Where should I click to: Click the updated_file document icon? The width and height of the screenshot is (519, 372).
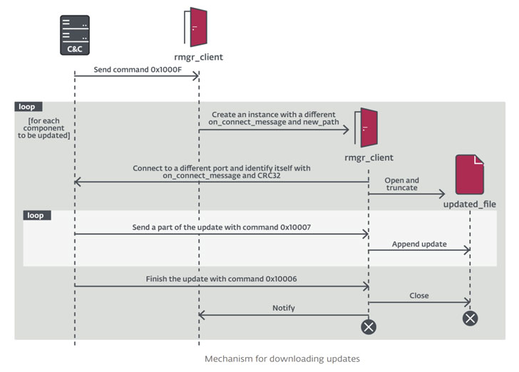(470, 174)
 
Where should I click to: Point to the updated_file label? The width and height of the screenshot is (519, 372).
(470, 205)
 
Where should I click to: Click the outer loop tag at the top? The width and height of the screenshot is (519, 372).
(28, 107)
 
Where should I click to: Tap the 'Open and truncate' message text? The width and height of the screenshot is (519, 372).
(402, 185)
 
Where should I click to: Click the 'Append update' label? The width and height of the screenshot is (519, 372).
(418, 244)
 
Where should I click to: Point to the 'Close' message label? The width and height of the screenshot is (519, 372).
(418, 295)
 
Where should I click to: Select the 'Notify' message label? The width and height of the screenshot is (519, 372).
(283, 308)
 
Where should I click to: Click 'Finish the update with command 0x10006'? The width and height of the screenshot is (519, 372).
(221, 279)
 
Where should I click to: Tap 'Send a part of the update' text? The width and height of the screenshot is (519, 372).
(221, 227)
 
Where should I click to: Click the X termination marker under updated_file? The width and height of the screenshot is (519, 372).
(470, 319)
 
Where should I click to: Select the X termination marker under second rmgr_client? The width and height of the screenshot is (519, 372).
(369, 327)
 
